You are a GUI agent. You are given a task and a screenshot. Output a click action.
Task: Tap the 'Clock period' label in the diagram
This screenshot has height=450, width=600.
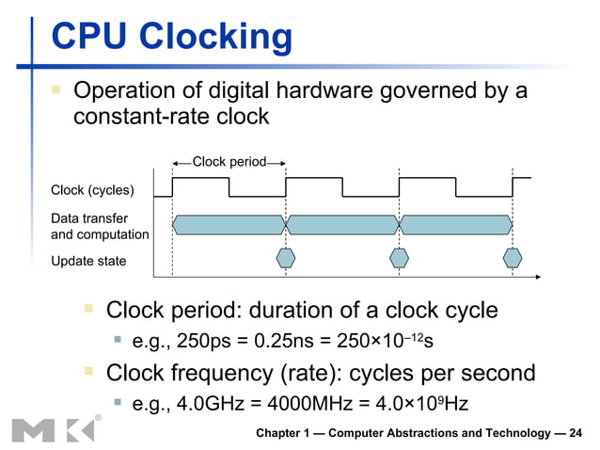(229, 163)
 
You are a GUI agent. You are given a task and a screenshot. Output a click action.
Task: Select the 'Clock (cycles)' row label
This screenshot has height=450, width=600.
(92, 192)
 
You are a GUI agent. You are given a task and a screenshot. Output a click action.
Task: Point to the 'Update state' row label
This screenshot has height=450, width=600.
(87, 260)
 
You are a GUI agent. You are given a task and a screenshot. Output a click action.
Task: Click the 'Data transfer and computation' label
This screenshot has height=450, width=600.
(99, 227)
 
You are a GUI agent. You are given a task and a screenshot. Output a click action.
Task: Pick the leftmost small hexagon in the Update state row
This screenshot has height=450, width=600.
(286, 257)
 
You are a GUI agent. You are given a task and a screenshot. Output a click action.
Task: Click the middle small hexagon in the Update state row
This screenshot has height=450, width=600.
(400, 257)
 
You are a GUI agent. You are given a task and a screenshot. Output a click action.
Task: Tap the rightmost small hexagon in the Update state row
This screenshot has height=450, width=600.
(513, 257)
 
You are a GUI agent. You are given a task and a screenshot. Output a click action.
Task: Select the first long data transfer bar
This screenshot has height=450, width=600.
(229, 224)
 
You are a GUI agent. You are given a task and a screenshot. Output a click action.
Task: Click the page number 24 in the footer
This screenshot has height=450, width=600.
(576, 433)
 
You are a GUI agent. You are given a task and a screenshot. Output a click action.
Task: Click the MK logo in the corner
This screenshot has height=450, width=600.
(53, 429)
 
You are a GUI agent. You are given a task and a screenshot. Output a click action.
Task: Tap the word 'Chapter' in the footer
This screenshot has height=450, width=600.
(283, 433)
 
